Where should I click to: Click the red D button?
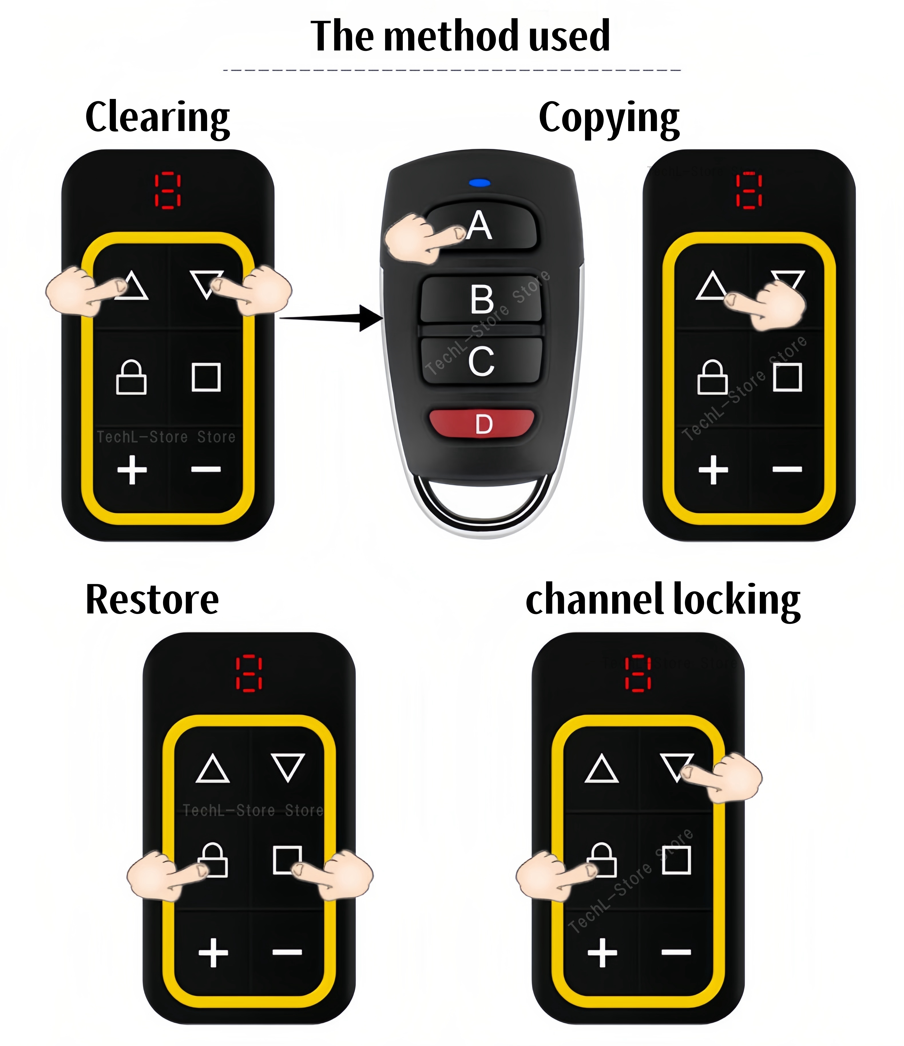tap(482, 423)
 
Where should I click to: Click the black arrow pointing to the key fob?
tap(333, 318)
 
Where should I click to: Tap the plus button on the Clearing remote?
tap(132, 469)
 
